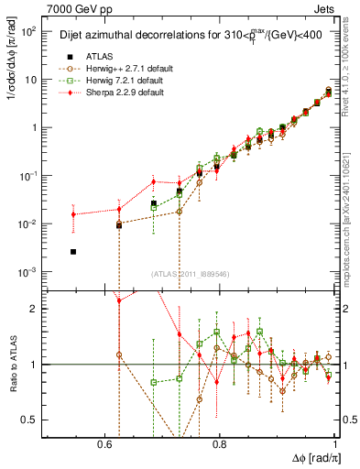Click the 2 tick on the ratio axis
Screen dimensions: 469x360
[35, 309]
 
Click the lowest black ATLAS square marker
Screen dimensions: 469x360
[73, 251]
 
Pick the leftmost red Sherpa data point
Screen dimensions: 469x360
[73, 214]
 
